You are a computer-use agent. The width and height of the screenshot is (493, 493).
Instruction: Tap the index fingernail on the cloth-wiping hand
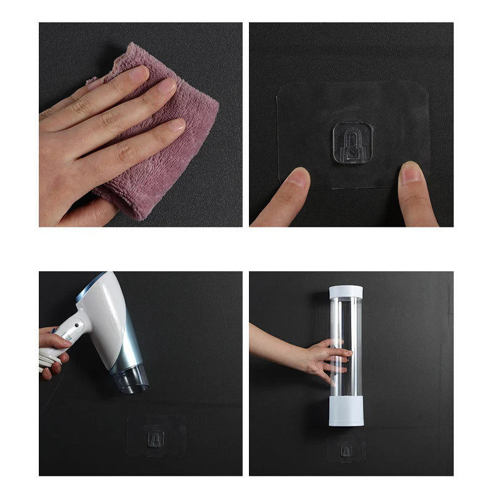click(139, 73)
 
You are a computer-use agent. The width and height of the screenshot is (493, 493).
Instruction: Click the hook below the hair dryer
click(155, 438)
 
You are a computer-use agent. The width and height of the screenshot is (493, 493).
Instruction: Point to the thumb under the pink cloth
click(99, 213)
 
